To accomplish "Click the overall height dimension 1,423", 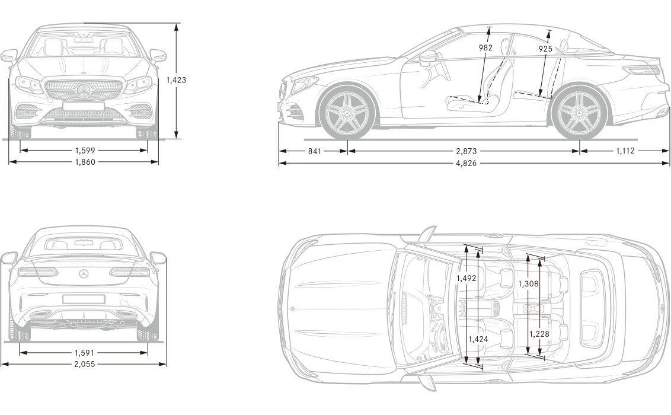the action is point(176,79).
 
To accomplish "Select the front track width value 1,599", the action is point(85,150).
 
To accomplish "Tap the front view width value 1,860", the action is point(85,162).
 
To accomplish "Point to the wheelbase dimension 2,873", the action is point(466,151).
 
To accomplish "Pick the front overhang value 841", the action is point(314,151).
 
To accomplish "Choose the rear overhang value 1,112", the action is point(625,151).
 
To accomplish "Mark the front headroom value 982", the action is point(485,48).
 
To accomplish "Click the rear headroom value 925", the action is point(545,49).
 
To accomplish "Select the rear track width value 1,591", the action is point(84,353).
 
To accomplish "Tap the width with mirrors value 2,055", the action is point(84,364).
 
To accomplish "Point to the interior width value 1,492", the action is point(466,278).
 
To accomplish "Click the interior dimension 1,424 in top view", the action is point(478,339).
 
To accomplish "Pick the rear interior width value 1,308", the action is point(529,283).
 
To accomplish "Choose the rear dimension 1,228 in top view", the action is point(539,334).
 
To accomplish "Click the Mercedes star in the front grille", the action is point(84,91).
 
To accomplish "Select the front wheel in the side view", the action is point(347,114).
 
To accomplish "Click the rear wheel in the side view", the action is point(580,114).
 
